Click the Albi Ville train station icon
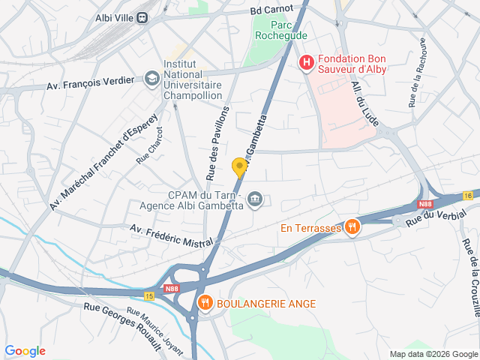click(x=142, y=19)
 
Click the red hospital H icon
click(x=306, y=64)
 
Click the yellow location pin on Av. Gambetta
click(x=239, y=167)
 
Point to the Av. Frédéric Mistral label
click(x=172, y=235)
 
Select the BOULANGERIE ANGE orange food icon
click(x=204, y=303)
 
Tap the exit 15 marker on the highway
click(x=149, y=275)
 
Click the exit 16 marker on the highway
click(x=469, y=195)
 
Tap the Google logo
click(x=25, y=351)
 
